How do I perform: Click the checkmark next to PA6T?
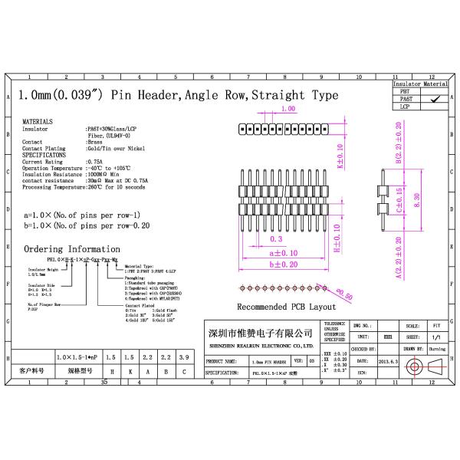pyautogui.click(x=435, y=98)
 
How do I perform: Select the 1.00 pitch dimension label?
pyautogui.click(x=288, y=110)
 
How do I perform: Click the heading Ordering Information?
pyautogui.click(x=71, y=249)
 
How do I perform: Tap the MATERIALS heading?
pyautogui.click(x=38, y=122)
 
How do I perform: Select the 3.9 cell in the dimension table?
pyautogui.click(x=182, y=357)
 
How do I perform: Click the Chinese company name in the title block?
pyautogui.click(x=261, y=334)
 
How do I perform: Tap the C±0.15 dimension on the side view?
pyautogui.click(x=398, y=197)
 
